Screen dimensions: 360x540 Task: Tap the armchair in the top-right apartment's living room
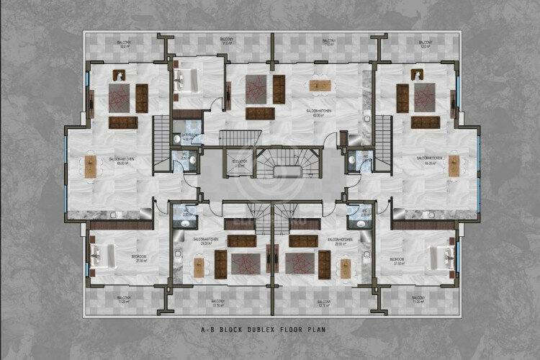point(418,74)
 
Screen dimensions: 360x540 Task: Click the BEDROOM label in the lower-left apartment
point(140,256)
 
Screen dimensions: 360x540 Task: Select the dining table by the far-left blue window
point(91,166)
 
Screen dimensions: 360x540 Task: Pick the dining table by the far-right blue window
point(454,166)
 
